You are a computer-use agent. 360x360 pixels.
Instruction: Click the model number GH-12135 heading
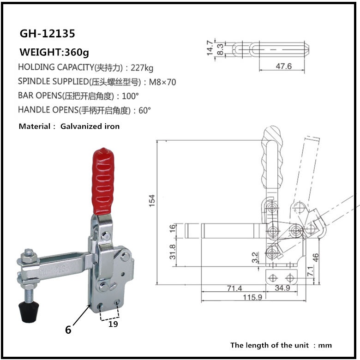pyautogui.click(x=47, y=34)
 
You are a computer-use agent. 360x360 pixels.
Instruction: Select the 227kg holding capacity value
pyautogui.click(x=142, y=67)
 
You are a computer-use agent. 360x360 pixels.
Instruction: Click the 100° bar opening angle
pyautogui.click(x=130, y=96)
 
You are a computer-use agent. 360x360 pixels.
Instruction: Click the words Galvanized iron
pyautogui.click(x=90, y=126)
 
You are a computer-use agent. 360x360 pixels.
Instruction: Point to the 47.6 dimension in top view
pyautogui.click(x=283, y=66)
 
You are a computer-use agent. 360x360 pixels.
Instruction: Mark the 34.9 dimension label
pyautogui.click(x=282, y=288)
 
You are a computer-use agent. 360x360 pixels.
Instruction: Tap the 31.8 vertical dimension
pyautogui.click(x=172, y=252)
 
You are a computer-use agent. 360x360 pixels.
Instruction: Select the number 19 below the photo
pyautogui.click(x=113, y=324)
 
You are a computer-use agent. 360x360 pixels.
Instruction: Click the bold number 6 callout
pyautogui.click(x=68, y=330)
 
